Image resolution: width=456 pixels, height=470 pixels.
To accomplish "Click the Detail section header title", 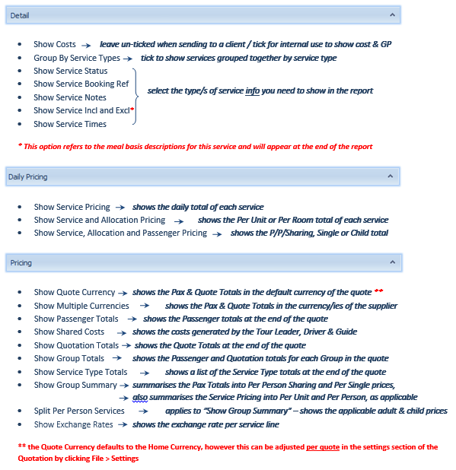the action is (x=20, y=14).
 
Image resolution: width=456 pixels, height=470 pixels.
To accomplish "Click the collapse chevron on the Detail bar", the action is (x=392, y=14).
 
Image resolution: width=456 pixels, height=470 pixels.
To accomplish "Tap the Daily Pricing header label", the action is (x=28, y=176).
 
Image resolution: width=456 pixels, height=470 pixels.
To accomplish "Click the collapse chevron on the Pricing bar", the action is (x=392, y=262).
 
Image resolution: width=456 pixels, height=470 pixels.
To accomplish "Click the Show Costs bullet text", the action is (x=55, y=45).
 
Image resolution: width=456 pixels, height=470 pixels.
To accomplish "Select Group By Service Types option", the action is (x=76, y=58).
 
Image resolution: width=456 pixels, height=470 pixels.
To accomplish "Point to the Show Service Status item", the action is (x=70, y=71).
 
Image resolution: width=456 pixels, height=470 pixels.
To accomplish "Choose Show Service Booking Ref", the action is (x=81, y=84).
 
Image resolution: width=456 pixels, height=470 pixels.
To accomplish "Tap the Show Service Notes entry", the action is (x=69, y=97).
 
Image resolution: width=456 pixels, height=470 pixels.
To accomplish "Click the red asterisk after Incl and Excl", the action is (x=132, y=109).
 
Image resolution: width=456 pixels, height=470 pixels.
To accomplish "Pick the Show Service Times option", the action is (x=70, y=124).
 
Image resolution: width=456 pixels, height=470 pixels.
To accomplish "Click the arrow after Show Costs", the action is (x=87, y=46).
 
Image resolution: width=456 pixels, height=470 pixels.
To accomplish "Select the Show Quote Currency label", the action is (x=74, y=292).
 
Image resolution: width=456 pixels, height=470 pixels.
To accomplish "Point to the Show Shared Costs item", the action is (x=69, y=332).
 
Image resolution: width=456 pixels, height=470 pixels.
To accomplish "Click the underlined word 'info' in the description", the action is (x=253, y=91).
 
